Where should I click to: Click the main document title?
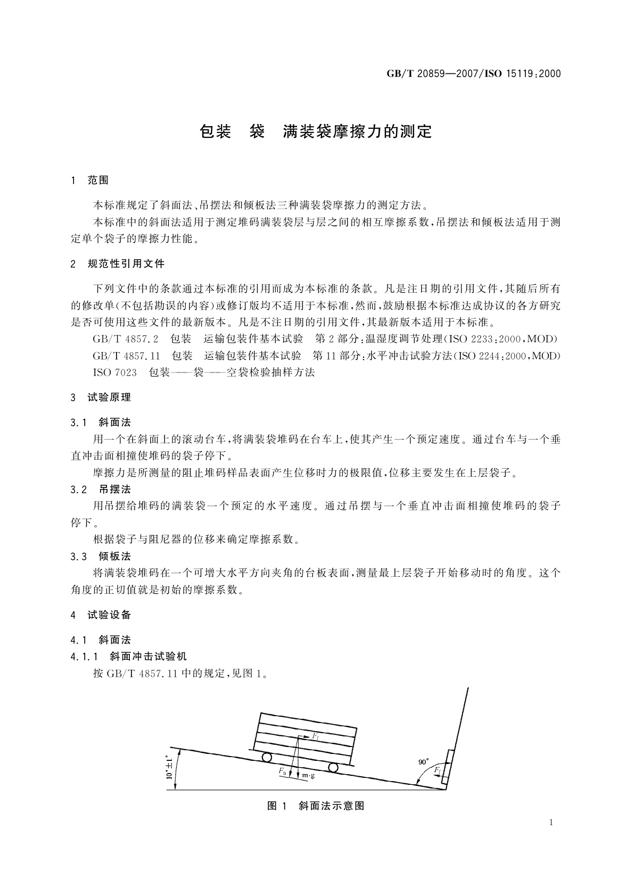(x=316, y=131)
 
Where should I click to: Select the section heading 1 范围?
(x=90, y=180)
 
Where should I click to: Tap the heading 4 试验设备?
(x=101, y=615)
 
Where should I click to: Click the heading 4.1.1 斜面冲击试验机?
(x=128, y=657)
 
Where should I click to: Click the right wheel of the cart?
(x=333, y=768)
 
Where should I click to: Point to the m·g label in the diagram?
(x=309, y=776)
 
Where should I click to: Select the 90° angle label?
(x=424, y=762)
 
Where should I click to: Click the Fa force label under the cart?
(x=282, y=770)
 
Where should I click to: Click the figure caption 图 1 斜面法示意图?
(x=316, y=806)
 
